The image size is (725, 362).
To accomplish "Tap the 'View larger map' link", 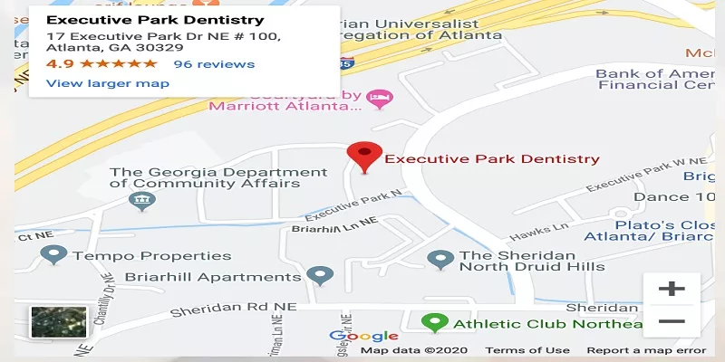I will click(107, 83).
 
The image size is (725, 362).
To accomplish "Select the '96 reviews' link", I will click(214, 64).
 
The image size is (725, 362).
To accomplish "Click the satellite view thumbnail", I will click(59, 322).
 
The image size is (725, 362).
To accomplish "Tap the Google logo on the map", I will click(363, 337).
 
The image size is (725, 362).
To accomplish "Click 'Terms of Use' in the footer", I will click(527, 350).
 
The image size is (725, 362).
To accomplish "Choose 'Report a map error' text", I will click(645, 350).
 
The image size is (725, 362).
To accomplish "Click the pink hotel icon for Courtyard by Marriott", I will click(382, 97).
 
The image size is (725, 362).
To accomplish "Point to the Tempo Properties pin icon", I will click(54, 255).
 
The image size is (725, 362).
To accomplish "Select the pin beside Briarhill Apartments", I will click(318, 275).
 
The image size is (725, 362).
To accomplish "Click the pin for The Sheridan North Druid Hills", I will click(440, 260).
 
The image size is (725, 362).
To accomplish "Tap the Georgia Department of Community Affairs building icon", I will click(142, 201).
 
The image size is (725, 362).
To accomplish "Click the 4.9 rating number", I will click(60, 64).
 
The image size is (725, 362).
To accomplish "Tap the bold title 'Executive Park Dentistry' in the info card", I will click(155, 20).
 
